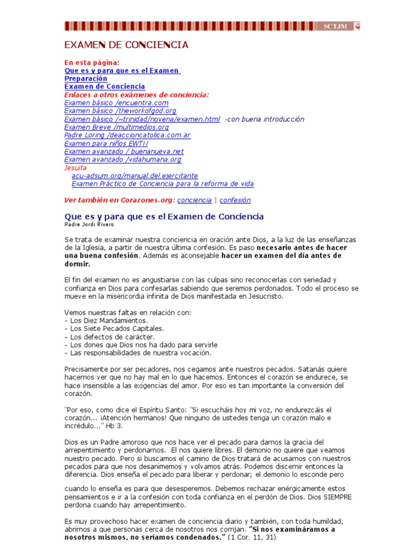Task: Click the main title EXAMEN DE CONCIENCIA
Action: tap(126, 45)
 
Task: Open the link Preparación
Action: tap(86, 79)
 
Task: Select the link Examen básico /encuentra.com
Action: tap(116, 103)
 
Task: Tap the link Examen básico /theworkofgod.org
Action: tap(120, 111)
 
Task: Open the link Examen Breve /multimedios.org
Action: tap(116, 127)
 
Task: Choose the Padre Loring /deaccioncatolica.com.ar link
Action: tap(127, 135)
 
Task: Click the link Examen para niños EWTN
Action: tap(106, 143)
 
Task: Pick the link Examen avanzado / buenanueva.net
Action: tap(124, 151)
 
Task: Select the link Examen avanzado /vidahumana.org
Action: tap(122, 160)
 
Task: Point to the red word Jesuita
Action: tap(75, 168)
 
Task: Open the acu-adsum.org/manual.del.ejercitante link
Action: tap(135, 176)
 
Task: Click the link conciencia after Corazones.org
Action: tap(194, 200)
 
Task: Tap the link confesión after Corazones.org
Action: tap(235, 200)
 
